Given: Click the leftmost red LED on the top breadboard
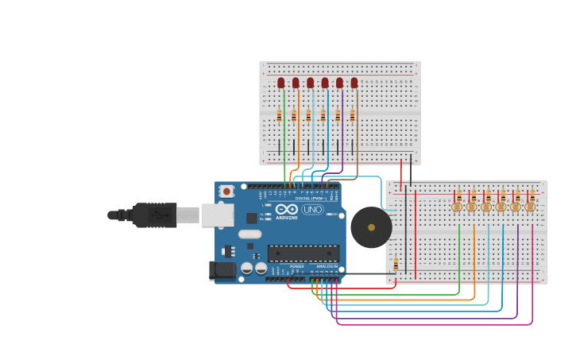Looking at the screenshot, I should click(281, 83).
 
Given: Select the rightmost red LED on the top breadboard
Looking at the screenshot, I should click(354, 83).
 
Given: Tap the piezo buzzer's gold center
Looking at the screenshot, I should click(371, 227).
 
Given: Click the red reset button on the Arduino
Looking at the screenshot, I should click(226, 191).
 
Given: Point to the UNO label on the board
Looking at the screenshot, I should click(312, 209).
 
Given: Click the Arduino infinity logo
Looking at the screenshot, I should click(287, 209).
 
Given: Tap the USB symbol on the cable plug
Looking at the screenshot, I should click(160, 215).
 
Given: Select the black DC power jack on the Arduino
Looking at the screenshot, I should click(222, 270).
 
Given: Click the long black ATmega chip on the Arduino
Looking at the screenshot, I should click(303, 253).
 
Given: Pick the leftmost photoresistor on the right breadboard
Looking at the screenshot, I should click(457, 207).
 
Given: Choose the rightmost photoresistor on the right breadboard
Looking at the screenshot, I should click(530, 207).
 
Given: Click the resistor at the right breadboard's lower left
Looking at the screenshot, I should click(396, 263).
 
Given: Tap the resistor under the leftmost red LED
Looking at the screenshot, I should click(279, 116).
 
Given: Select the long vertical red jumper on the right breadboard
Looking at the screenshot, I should click(416, 234).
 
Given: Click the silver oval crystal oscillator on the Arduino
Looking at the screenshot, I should click(249, 234).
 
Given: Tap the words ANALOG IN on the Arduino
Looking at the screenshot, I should click(327, 266).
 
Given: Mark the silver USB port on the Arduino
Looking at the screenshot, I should click(217, 215).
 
